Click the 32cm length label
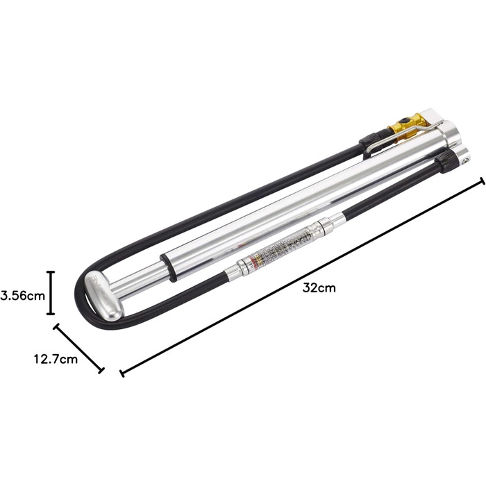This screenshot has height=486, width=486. click(x=319, y=288)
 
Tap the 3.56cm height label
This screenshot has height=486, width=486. click(x=23, y=294)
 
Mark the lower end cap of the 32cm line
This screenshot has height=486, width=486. click(x=122, y=373)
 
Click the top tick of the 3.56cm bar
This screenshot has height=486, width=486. click(x=50, y=273)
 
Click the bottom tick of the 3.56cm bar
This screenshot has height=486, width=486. click(x=50, y=315)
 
